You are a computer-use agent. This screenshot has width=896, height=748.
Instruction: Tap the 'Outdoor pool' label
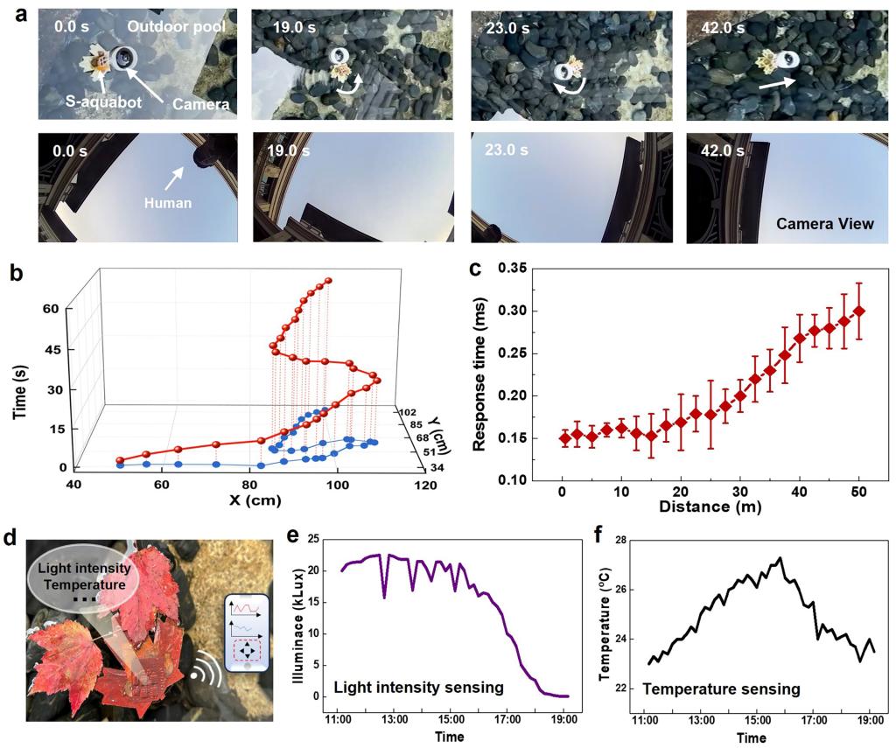click(176, 26)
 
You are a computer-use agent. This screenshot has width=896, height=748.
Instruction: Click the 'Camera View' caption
click(825, 224)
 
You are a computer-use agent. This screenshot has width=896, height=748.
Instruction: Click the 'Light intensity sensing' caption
click(419, 688)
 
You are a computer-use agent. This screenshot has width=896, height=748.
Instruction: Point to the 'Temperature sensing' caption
click(721, 689)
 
